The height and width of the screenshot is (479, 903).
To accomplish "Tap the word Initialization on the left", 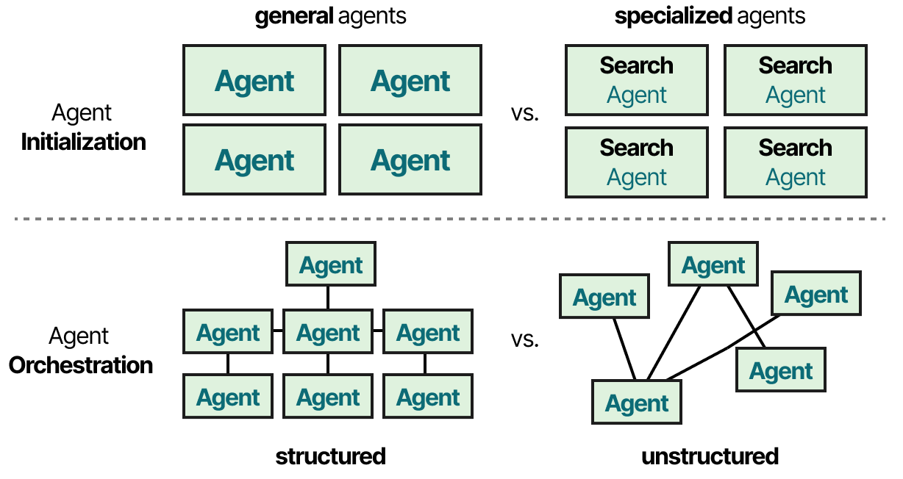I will (x=83, y=142).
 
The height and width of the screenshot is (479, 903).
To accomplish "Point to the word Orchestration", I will (x=81, y=365).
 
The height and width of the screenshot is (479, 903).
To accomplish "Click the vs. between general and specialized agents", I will (x=524, y=115).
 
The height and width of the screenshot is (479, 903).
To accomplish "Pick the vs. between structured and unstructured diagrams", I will (x=524, y=340).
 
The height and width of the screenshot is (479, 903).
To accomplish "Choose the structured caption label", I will (x=330, y=456).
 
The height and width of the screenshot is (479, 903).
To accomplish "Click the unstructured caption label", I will (x=710, y=456).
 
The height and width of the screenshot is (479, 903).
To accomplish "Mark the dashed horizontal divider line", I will (x=451, y=219).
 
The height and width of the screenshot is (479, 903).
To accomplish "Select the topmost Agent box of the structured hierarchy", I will (x=331, y=265).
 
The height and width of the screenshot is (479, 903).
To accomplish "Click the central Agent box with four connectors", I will (x=328, y=333).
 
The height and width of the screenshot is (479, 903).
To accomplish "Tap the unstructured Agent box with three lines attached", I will (x=637, y=403).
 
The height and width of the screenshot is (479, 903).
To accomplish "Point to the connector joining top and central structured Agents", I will (x=328, y=298).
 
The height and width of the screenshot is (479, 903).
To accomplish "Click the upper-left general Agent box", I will (x=254, y=81).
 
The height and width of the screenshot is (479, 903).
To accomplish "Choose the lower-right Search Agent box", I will (x=796, y=162).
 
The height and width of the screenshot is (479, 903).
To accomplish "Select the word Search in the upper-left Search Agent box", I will (x=636, y=65).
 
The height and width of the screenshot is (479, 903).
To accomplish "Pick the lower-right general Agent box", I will (x=410, y=160).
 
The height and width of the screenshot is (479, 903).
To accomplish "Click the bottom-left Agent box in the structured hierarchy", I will (x=228, y=397).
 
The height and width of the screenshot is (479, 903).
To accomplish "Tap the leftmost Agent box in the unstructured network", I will (x=604, y=297).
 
